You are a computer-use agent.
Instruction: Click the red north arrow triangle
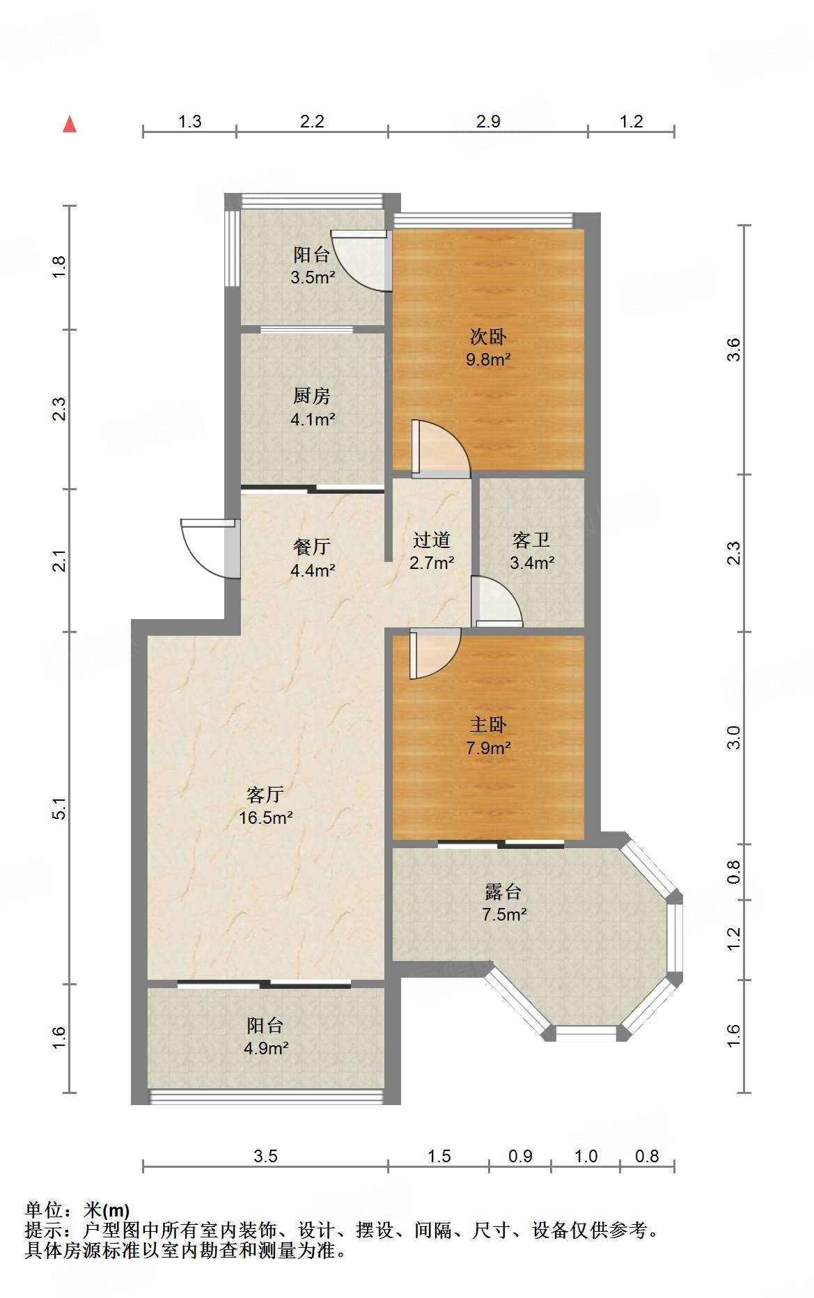click(x=70, y=125)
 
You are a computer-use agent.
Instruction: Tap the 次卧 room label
click(x=488, y=337)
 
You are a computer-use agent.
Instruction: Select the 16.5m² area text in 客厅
click(x=265, y=818)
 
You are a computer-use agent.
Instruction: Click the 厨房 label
click(x=311, y=396)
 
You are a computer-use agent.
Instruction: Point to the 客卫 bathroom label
click(x=531, y=540)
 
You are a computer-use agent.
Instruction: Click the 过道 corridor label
click(x=431, y=540)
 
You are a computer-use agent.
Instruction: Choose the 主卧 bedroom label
click(x=488, y=725)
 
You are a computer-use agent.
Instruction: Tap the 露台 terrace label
click(x=503, y=891)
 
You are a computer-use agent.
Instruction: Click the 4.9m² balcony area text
click(x=266, y=1048)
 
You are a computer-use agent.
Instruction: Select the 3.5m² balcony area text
click(x=313, y=277)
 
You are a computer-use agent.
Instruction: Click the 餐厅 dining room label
click(x=311, y=547)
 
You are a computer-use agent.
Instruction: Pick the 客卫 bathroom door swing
click(x=496, y=601)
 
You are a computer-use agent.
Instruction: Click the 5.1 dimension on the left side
click(x=59, y=808)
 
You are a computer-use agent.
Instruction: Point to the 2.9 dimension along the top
click(x=488, y=121)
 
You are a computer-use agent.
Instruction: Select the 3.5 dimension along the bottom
click(x=265, y=1157)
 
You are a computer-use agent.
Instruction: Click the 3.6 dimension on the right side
click(x=733, y=349)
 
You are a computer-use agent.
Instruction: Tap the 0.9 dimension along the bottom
click(x=520, y=1157)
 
